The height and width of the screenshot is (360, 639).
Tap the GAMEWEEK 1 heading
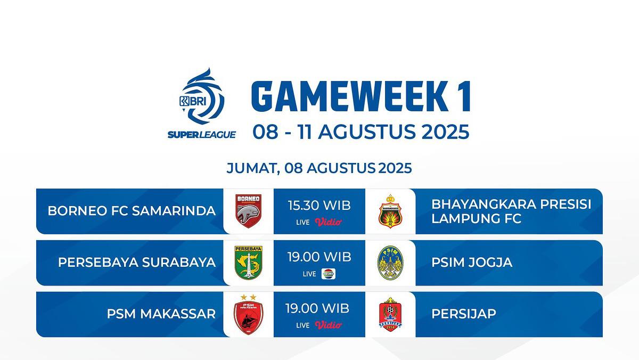click(x=361, y=96)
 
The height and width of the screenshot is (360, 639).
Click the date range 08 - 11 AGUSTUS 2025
click(x=361, y=132)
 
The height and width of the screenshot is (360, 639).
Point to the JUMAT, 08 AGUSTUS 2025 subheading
click(x=319, y=168)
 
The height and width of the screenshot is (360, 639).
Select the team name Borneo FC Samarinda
click(x=132, y=211)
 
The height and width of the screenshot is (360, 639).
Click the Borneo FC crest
click(x=248, y=211)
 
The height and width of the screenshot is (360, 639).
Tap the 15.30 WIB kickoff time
click(x=319, y=206)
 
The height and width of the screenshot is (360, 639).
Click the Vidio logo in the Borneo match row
click(x=329, y=222)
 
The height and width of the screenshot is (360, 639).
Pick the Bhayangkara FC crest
click(x=390, y=211)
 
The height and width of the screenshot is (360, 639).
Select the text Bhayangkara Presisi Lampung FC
click(x=511, y=211)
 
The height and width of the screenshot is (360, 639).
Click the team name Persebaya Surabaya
click(x=137, y=263)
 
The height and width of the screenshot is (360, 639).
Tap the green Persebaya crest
click(x=248, y=263)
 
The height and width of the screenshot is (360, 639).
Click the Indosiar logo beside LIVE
click(x=329, y=274)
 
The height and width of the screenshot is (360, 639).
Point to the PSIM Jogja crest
click(x=390, y=263)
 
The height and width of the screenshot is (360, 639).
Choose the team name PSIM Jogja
click(x=472, y=263)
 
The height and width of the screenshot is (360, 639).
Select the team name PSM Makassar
click(x=161, y=314)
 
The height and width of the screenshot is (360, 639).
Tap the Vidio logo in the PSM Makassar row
click(x=329, y=325)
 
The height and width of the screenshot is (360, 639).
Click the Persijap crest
click(x=390, y=314)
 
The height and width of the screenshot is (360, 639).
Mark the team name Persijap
click(x=464, y=314)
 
